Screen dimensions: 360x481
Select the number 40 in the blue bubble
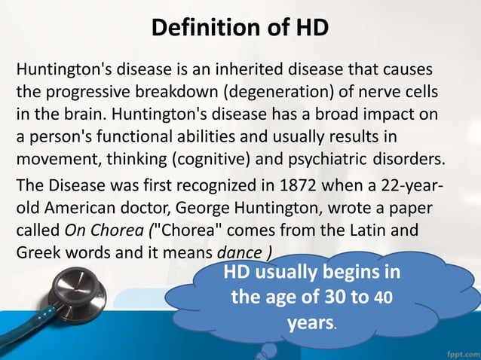[x=383, y=297]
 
